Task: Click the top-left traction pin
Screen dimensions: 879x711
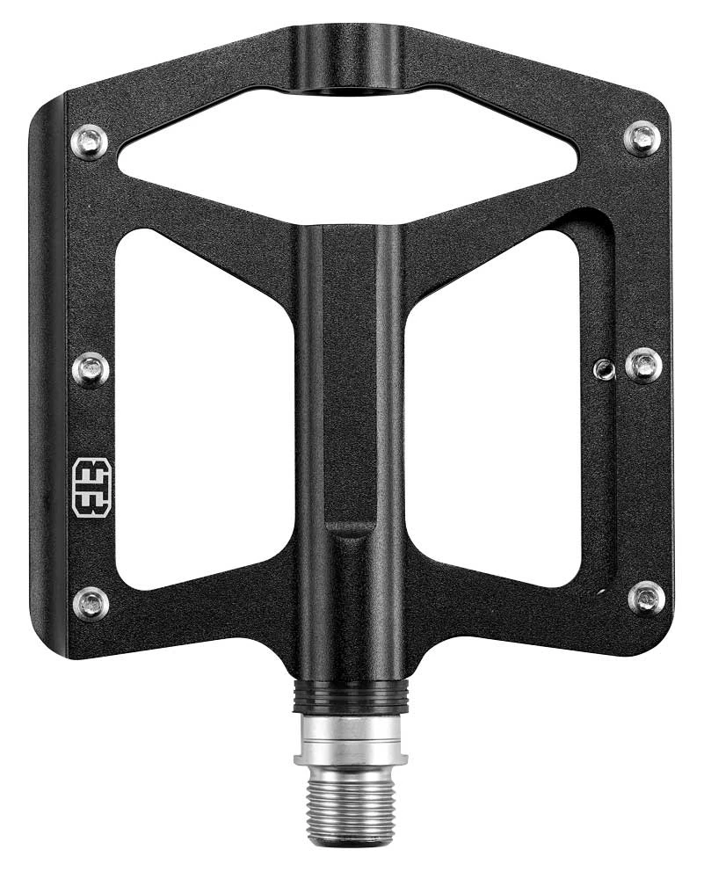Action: [x=90, y=142]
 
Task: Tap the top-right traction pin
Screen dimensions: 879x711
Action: [x=642, y=138]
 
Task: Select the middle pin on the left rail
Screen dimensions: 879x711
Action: [x=91, y=369]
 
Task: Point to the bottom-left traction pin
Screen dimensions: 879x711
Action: [x=91, y=603]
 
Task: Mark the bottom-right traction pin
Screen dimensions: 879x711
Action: [x=647, y=598]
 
